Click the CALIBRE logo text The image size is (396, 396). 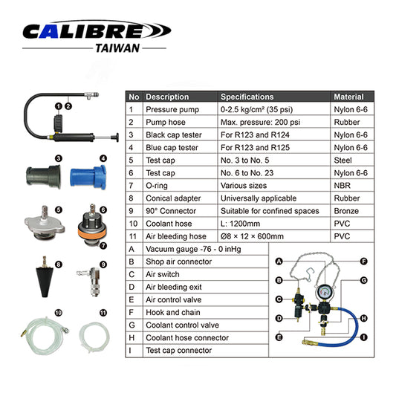click(x=97, y=30)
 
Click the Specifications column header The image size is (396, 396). click(x=247, y=97)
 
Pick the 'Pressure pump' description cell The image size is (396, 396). click(x=172, y=109)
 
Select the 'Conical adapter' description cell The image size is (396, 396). click(x=175, y=198)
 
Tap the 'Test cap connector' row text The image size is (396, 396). click(x=179, y=350)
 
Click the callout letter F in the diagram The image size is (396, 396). click(x=363, y=262)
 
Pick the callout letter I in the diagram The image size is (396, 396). click(x=363, y=337)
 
